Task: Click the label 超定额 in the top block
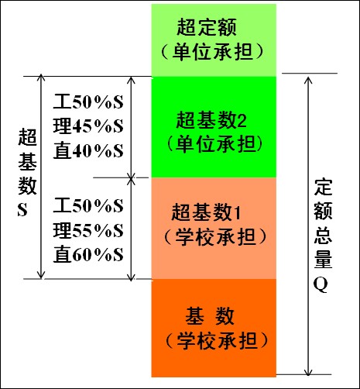click(x=207, y=27)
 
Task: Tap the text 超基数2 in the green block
click(x=211, y=120)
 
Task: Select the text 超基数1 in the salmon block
click(x=206, y=212)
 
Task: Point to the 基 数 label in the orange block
click(x=210, y=315)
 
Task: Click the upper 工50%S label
click(x=88, y=102)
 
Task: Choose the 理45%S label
click(x=88, y=126)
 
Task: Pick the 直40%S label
click(x=88, y=150)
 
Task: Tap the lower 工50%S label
click(x=88, y=205)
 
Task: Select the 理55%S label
click(x=88, y=230)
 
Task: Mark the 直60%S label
click(x=88, y=254)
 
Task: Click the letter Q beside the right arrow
click(x=321, y=285)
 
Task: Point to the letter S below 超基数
click(x=22, y=210)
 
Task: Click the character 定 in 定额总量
click(x=323, y=187)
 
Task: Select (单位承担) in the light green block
click(x=212, y=51)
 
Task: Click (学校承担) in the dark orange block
click(x=216, y=341)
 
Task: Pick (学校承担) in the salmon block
click(x=215, y=236)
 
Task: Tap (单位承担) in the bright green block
click(x=214, y=144)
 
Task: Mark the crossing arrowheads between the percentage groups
click(x=132, y=177)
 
